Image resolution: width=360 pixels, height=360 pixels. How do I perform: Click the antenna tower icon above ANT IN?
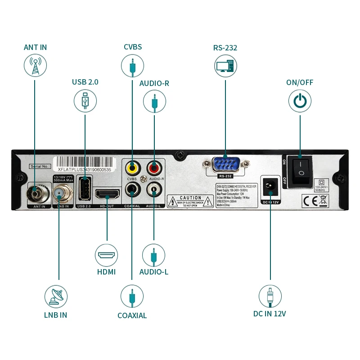pyautogui.click(x=35, y=65)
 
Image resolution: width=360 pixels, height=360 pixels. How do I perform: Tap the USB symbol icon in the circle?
pyautogui.click(x=85, y=101)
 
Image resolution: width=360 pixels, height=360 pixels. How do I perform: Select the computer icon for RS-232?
pyautogui.click(x=225, y=66)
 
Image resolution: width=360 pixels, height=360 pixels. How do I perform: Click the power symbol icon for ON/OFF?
pyautogui.click(x=300, y=101)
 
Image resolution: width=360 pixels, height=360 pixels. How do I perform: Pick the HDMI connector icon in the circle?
pyautogui.click(x=107, y=255)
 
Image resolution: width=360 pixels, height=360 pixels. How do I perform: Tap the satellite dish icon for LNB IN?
pyautogui.click(x=56, y=297)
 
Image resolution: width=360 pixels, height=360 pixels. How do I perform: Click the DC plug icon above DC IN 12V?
pyautogui.click(x=270, y=297)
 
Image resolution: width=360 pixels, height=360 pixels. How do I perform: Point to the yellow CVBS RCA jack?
pyautogui.click(x=132, y=168)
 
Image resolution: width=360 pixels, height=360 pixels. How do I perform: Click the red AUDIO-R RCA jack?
pyautogui.click(x=154, y=168)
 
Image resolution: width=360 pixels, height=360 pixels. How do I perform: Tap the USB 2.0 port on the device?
pyautogui.click(x=84, y=188)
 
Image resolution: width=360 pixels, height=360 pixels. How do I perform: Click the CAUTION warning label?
pyautogui.click(x=190, y=201)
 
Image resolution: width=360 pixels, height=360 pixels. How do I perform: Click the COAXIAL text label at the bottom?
pyautogui.click(x=132, y=315)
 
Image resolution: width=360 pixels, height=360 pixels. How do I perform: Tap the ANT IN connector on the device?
pyautogui.click(x=35, y=194)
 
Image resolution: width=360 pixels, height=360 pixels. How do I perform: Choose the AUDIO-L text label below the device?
pyautogui.click(x=154, y=272)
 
